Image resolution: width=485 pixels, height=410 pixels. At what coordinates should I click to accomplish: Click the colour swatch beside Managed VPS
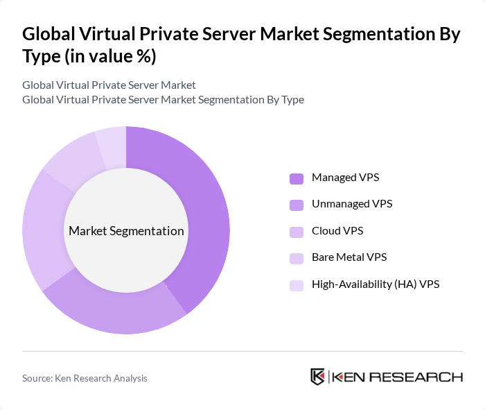297,178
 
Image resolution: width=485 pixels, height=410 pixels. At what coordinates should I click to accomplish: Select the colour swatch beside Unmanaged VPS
297,205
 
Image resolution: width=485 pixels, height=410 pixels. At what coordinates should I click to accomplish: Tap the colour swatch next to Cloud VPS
297,231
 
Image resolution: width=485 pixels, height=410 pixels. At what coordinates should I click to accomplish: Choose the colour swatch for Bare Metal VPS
297,258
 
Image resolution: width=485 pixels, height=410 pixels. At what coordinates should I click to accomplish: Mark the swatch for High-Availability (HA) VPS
297,284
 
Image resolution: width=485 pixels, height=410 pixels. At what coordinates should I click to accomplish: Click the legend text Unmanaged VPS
352,204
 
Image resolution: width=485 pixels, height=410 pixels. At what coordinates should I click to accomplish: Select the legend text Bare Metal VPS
349,257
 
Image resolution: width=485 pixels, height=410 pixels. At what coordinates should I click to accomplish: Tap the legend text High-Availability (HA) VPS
376,284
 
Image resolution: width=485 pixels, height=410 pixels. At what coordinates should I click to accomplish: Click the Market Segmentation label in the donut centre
126,231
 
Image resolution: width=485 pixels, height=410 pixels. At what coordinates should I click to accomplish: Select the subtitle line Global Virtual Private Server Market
109,85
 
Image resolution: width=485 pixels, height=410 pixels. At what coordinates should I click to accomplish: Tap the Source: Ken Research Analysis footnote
85,378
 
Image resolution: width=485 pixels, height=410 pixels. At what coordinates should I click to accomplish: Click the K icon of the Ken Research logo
317,377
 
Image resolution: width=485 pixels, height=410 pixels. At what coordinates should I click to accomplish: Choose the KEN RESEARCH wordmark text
397,377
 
